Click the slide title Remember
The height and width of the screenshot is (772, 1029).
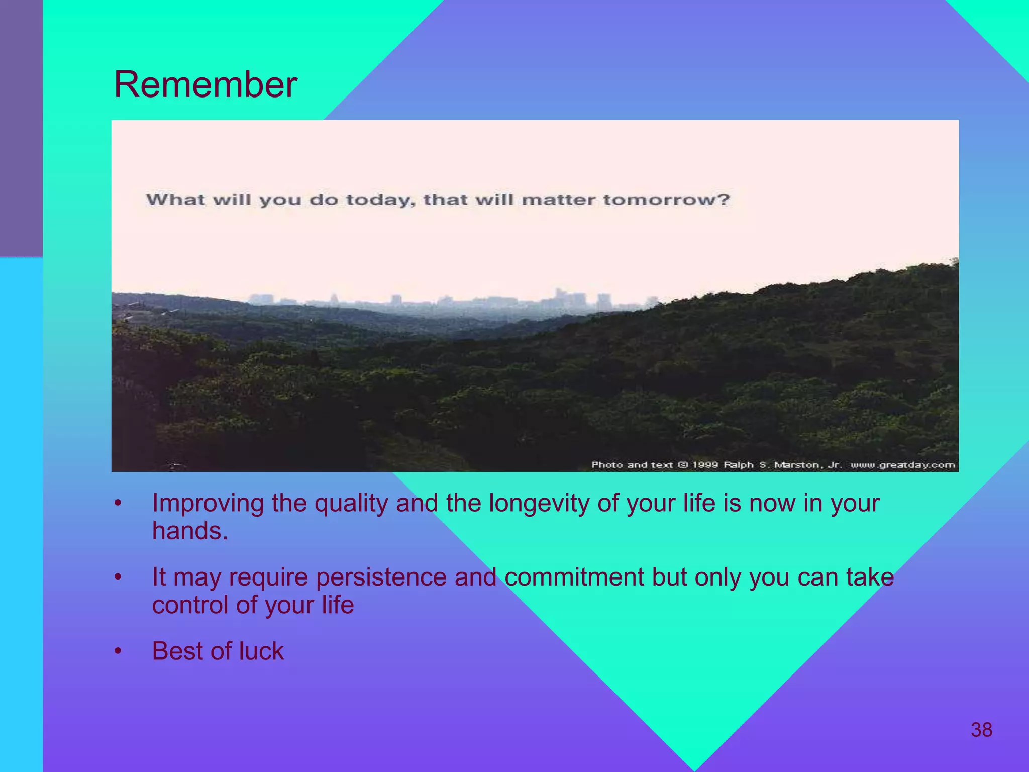pyautogui.click(x=205, y=84)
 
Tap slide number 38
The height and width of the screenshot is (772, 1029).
pyautogui.click(x=981, y=730)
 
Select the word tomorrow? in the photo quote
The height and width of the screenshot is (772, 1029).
pyautogui.click(x=666, y=200)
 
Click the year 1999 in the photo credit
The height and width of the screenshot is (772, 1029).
pyautogui.click(x=704, y=465)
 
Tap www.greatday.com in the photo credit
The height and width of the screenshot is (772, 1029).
pyautogui.click(x=902, y=465)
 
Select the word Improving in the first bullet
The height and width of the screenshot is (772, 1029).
pyautogui.click(x=208, y=503)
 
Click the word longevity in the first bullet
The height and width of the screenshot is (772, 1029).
pyautogui.click(x=539, y=503)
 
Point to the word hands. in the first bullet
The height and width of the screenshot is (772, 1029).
pyautogui.click(x=190, y=531)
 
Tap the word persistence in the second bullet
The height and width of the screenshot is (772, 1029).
pyautogui.click(x=381, y=577)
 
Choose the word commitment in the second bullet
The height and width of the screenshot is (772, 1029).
pyautogui.click(x=574, y=577)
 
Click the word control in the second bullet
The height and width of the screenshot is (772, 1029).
pyautogui.click(x=190, y=605)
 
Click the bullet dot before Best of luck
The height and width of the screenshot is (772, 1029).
pyautogui.click(x=118, y=652)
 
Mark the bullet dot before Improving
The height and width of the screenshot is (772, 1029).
pyautogui.click(x=118, y=504)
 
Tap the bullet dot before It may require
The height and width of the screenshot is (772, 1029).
pyautogui.click(x=118, y=577)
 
